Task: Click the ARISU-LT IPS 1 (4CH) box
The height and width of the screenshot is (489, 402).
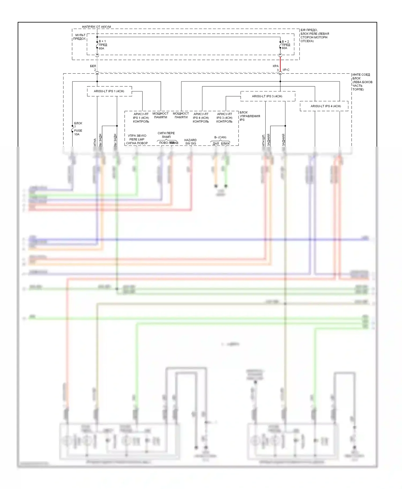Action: (x=109, y=91)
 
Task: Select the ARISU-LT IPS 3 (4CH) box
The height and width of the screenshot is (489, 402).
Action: (x=267, y=96)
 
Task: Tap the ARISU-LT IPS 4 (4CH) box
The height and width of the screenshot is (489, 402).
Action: (x=325, y=106)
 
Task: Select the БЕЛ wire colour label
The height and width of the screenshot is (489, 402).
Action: (x=93, y=66)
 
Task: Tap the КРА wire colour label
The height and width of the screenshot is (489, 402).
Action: (x=276, y=66)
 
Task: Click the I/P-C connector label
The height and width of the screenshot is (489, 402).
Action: (x=286, y=70)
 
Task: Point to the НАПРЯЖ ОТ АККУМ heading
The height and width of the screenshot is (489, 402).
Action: (x=96, y=27)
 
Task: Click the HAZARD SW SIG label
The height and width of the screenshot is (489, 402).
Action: (x=191, y=142)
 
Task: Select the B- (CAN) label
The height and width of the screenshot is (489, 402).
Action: (x=220, y=137)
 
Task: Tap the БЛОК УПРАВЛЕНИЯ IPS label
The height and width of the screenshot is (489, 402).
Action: (x=250, y=116)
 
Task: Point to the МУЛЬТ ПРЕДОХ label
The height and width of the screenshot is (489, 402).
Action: (x=80, y=37)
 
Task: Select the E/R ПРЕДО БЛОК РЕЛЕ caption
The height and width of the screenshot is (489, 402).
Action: (x=314, y=36)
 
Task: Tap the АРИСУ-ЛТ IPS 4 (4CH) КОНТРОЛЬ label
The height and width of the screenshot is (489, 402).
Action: (x=201, y=118)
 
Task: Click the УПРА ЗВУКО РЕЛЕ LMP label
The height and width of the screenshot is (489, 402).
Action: (x=137, y=139)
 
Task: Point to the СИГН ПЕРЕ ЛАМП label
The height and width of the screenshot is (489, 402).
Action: (x=166, y=135)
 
